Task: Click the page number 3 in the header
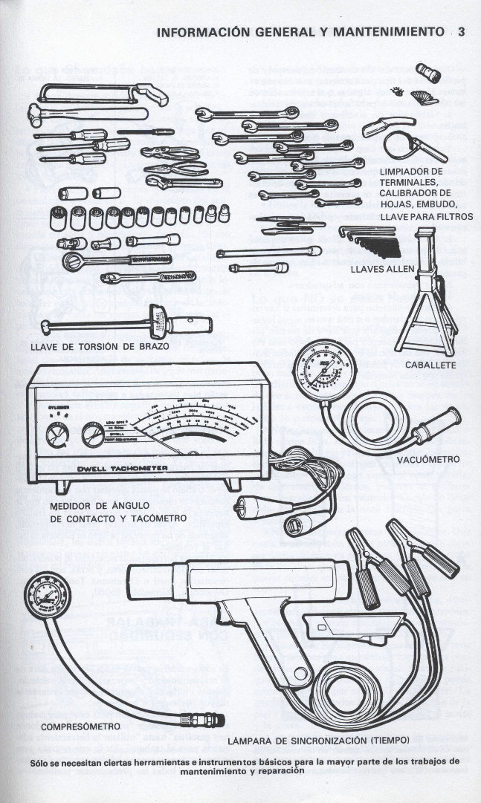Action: coord(461,32)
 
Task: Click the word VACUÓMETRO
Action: coord(428,460)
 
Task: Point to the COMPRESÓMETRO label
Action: coord(81,726)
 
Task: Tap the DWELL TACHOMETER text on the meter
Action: coord(123,468)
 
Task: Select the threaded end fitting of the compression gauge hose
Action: coord(205,720)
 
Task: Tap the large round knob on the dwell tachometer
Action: coord(94,435)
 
